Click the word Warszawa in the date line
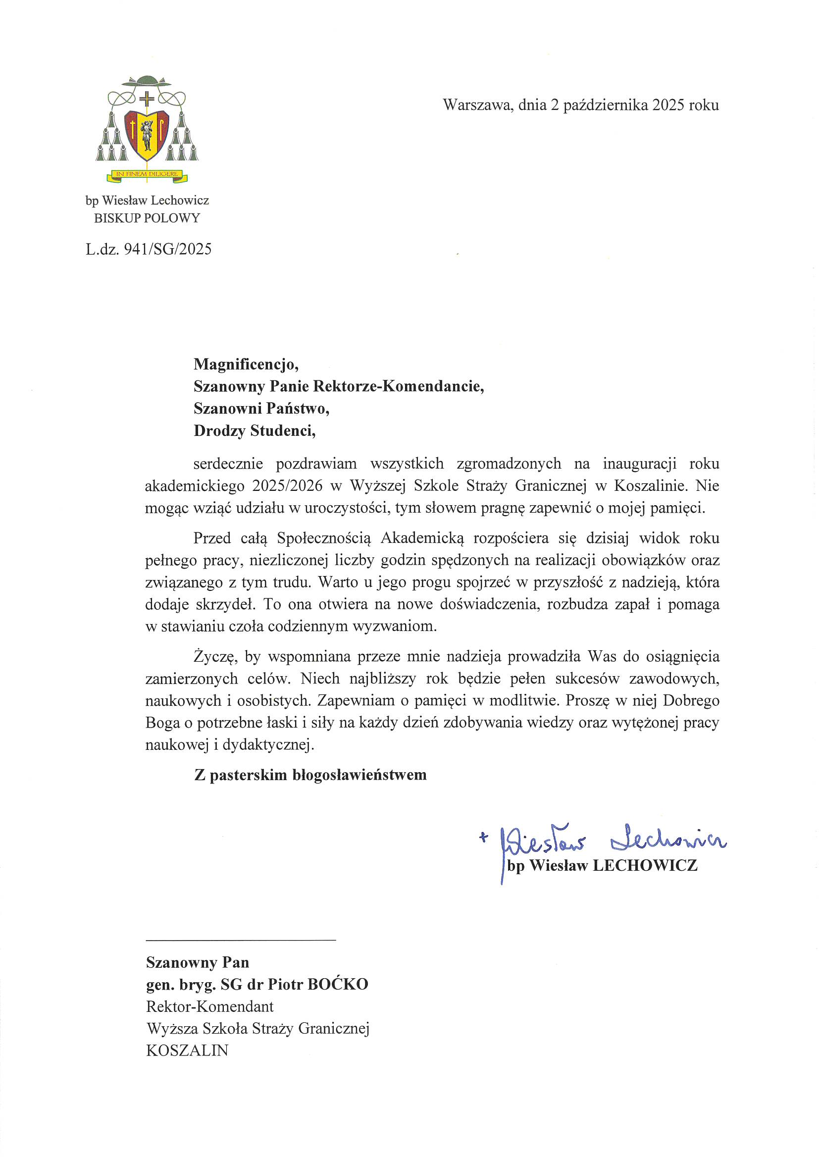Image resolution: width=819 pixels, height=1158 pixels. coord(477,105)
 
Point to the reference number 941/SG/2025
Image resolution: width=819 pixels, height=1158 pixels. coord(167,249)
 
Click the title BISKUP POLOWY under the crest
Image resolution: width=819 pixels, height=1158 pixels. coord(147,218)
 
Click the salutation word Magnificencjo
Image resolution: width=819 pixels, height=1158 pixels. coord(246,364)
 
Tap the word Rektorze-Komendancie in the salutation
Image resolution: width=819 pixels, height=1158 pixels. coord(398,386)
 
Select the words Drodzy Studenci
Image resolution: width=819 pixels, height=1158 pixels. coord(254,431)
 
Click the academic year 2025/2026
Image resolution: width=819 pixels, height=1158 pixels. coord(288,486)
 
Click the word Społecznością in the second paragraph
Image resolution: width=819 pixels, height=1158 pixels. coord(324,538)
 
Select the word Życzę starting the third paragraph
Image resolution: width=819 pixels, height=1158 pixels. coord(214,657)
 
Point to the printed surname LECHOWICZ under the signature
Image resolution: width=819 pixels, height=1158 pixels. coord(645,865)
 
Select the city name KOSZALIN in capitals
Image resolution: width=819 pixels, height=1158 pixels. coord(187,1051)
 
